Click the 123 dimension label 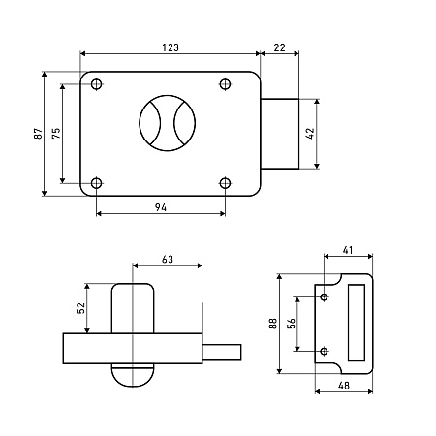click(x=171, y=47)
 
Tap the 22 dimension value click(x=280, y=47)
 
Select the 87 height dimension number click(x=38, y=134)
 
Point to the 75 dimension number click(x=56, y=134)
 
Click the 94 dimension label click(x=161, y=207)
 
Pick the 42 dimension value click(x=310, y=134)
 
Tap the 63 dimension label click(x=168, y=260)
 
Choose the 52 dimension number click(x=80, y=308)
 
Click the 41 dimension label click(x=348, y=250)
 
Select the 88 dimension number click(x=273, y=324)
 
